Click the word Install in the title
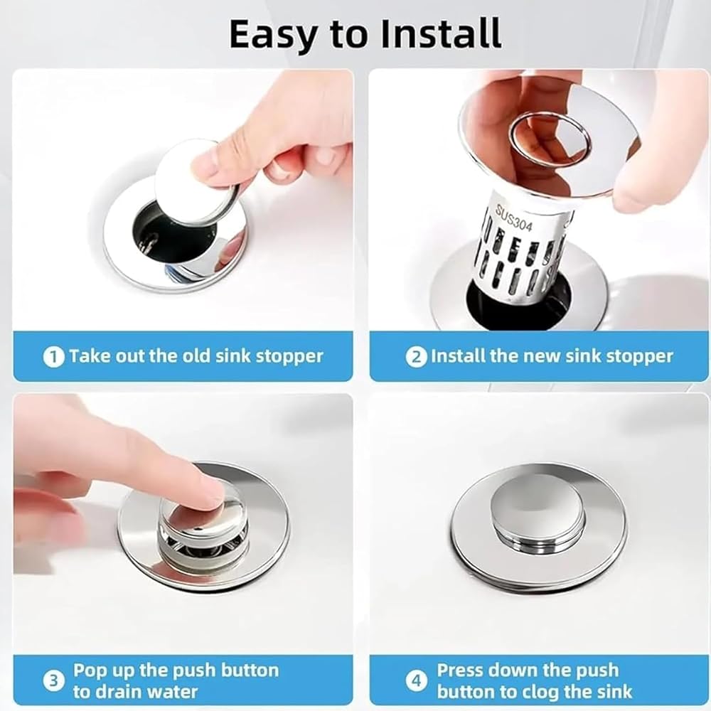pyautogui.click(x=442, y=34)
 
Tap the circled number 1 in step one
pyautogui.click(x=53, y=358)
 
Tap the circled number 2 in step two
pyautogui.click(x=416, y=358)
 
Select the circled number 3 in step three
pyautogui.click(x=53, y=681)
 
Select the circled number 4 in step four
pyautogui.click(x=416, y=681)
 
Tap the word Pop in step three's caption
pyautogui.click(x=90, y=670)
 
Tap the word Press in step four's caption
pyautogui.click(x=459, y=670)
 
